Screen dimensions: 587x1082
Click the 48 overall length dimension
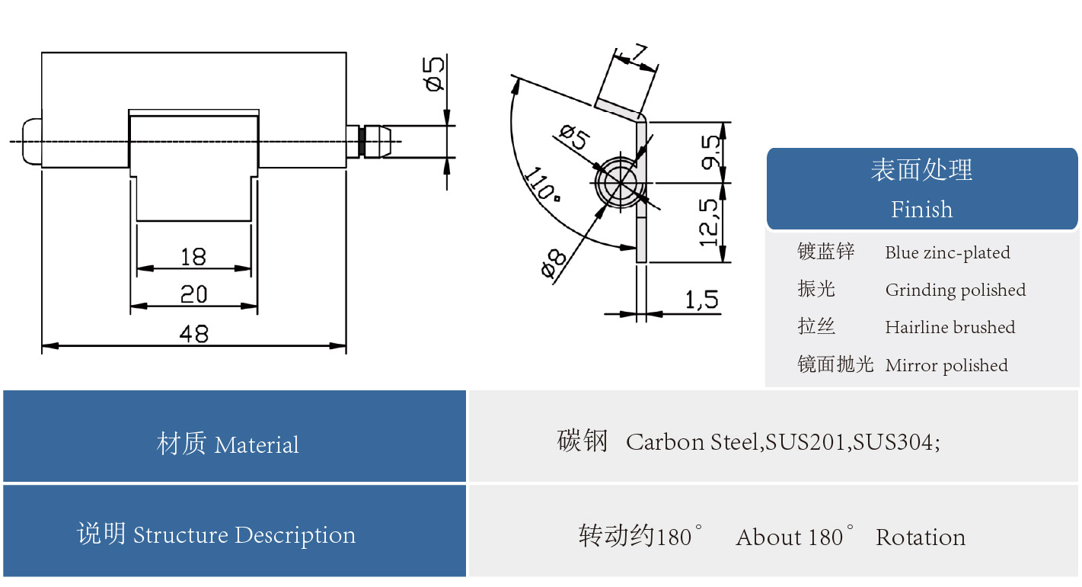point(193,334)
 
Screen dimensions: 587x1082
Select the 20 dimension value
point(193,294)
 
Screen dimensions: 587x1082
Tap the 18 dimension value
point(193,257)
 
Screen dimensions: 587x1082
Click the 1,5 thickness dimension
point(701,300)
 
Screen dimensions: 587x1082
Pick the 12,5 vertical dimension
point(708,223)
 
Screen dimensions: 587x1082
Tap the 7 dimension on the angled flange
point(638,54)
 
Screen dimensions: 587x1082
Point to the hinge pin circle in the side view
point(620,183)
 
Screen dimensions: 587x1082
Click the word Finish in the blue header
point(921,210)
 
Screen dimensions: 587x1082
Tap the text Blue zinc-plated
point(947,253)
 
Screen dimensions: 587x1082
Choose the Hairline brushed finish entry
point(950,328)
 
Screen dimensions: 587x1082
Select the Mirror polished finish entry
point(946,366)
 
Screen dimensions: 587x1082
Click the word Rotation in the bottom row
point(921,538)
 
